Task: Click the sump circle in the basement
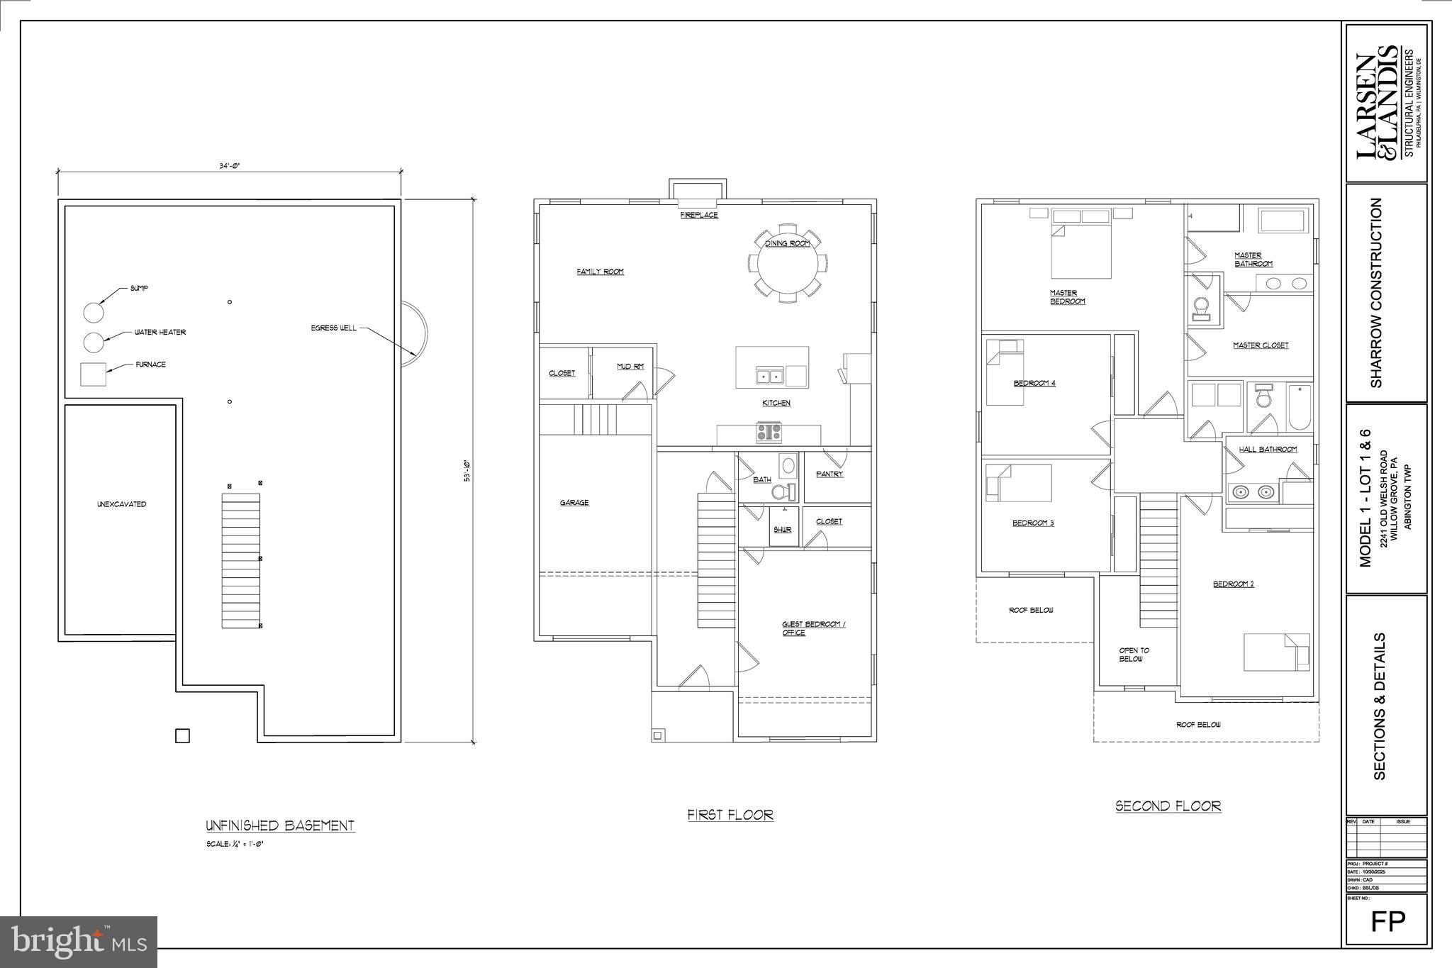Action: pos(94,312)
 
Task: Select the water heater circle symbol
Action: pos(94,342)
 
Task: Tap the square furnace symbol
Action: pos(93,374)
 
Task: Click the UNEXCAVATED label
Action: pos(121,504)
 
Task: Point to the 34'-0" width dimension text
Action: pos(230,165)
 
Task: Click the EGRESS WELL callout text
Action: pos(333,328)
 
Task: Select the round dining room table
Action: pos(787,264)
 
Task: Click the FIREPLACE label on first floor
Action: pos(699,215)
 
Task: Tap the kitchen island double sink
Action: pos(769,376)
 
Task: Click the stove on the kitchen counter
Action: pos(769,431)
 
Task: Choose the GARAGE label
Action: pos(574,503)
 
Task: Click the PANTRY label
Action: pos(830,474)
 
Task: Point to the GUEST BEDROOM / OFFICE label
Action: pos(813,628)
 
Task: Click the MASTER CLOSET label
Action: pos(1261,345)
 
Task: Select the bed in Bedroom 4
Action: pos(1005,372)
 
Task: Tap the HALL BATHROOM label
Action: pos(1268,449)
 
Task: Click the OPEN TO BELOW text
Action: pos(1134,655)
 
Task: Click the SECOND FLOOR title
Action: pos(1168,806)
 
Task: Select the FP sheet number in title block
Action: pos(1387,921)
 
